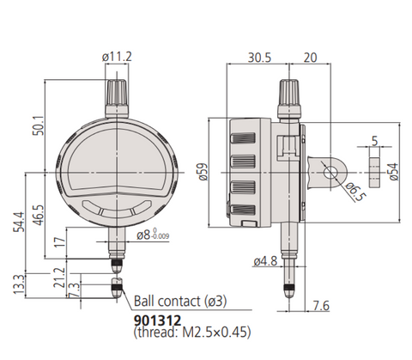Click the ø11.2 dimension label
[117, 57]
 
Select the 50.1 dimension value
[39, 125]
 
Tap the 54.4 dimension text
[20, 222]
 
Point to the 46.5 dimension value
[39, 215]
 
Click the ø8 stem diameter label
[153, 235]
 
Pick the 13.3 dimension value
[19, 284]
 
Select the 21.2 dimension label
[59, 278]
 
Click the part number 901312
[157, 320]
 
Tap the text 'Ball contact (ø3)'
[180, 302]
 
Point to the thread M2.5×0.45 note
[192, 333]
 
